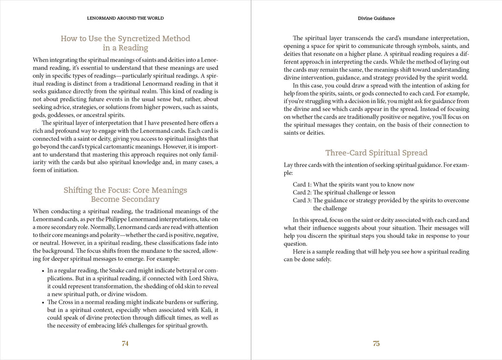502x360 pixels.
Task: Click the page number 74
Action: click(125, 344)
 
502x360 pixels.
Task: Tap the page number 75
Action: click(376, 344)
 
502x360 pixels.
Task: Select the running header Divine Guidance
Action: click(376, 18)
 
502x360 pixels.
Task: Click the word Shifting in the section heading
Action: click(79, 190)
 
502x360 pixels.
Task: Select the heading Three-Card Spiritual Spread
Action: click(376, 152)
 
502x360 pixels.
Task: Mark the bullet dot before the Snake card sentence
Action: click(43, 270)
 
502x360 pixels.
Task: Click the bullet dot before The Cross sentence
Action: click(43, 302)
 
